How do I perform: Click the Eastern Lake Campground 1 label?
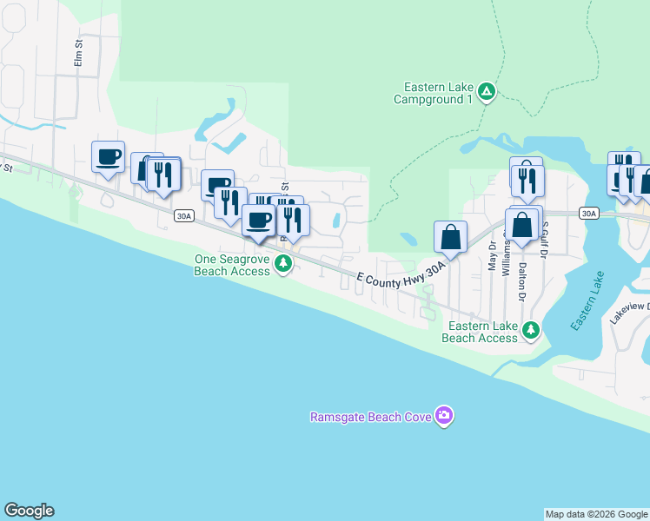[x=438, y=93]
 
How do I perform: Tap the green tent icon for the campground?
[x=487, y=91]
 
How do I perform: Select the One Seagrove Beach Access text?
[x=233, y=265]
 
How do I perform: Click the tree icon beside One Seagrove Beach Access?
[x=282, y=264]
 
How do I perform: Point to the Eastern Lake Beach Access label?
[x=480, y=332]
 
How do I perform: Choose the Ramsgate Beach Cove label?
[x=371, y=418]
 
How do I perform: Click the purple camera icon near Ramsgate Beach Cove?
[x=444, y=416]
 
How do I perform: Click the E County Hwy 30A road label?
[x=401, y=278]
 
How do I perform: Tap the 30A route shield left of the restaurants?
[x=182, y=216]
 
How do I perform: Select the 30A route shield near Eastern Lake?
[x=588, y=213]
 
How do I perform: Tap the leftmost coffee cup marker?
[x=109, y=157]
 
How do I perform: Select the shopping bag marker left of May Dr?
[x=451, y=236]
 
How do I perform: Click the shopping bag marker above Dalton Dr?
[x=522, y=225]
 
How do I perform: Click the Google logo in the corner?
[x=29, y=511]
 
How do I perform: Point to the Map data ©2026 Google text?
[x=596, y=514]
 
